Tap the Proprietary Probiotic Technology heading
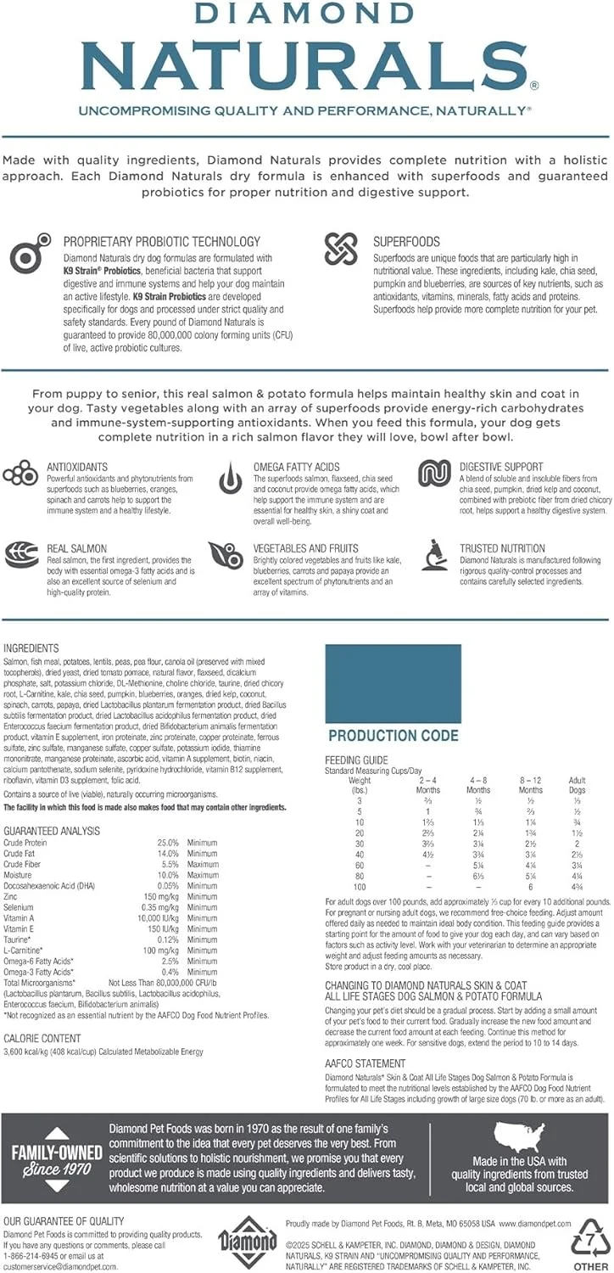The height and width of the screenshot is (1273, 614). (161, 242)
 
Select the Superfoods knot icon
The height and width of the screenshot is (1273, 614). (341, 249)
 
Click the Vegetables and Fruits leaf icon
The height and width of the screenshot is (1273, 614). (225, 555)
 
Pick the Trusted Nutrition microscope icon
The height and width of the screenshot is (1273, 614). (434, 554)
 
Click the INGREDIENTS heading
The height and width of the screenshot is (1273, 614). (31, 648)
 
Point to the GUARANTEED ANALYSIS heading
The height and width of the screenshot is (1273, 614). (52, 831)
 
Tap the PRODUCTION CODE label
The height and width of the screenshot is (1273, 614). (393, 736)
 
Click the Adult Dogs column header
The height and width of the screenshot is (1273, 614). (577, 784)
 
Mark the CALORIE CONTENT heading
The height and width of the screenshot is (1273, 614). (42, 1038)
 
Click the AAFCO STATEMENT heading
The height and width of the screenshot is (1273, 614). (366, 1063)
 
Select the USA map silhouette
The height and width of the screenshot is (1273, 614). (521, 1136)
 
